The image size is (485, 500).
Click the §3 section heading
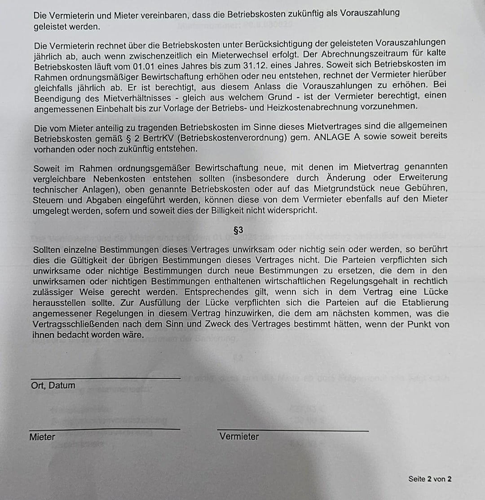(238, 230)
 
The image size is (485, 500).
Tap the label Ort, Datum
(53, 385)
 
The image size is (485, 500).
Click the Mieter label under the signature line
(42, 437)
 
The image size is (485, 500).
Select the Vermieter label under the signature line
(239, 436)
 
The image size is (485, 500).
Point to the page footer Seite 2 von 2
(430, 479)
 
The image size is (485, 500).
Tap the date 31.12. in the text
(244, 76)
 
